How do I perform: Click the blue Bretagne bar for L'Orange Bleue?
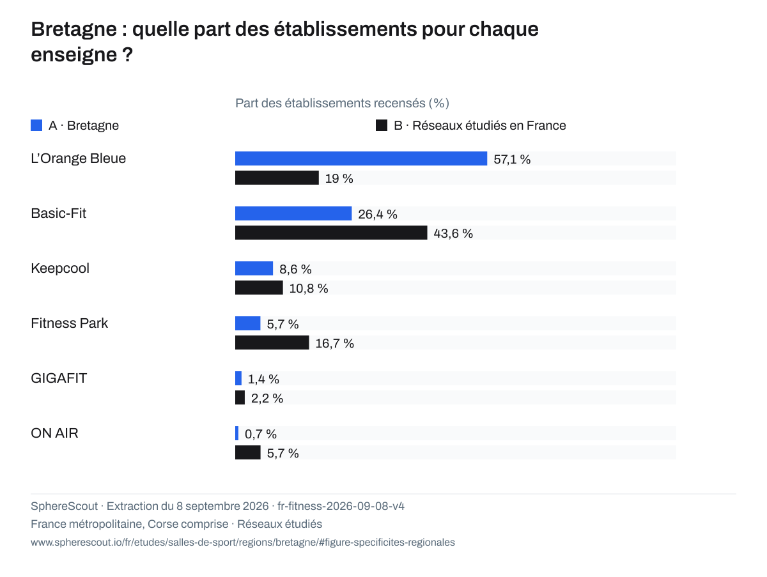coord(361,158)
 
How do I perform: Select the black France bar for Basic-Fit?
coord(331,233)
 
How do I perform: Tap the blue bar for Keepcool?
coord(254,268)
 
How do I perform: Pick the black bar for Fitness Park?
coord(272,342)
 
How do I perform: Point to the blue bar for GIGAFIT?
coord(238,378)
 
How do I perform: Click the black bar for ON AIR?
coord(248,452)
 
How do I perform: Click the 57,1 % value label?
coord(512,159)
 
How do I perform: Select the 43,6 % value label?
coord(453,233)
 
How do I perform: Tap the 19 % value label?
coord(339,178)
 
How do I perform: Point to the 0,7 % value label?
coord(261,434)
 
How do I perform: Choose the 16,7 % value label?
coord(335,343)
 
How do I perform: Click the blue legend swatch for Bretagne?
coord(36,125)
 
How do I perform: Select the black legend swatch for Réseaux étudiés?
coord(382,125)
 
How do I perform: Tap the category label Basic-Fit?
coord(58,213)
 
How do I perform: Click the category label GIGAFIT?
coord(59,378)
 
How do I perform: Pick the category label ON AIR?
coord(54,433)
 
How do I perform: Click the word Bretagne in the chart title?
coord(74,29)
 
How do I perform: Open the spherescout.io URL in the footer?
coord(243,542)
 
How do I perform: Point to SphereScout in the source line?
coord(65,506)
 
